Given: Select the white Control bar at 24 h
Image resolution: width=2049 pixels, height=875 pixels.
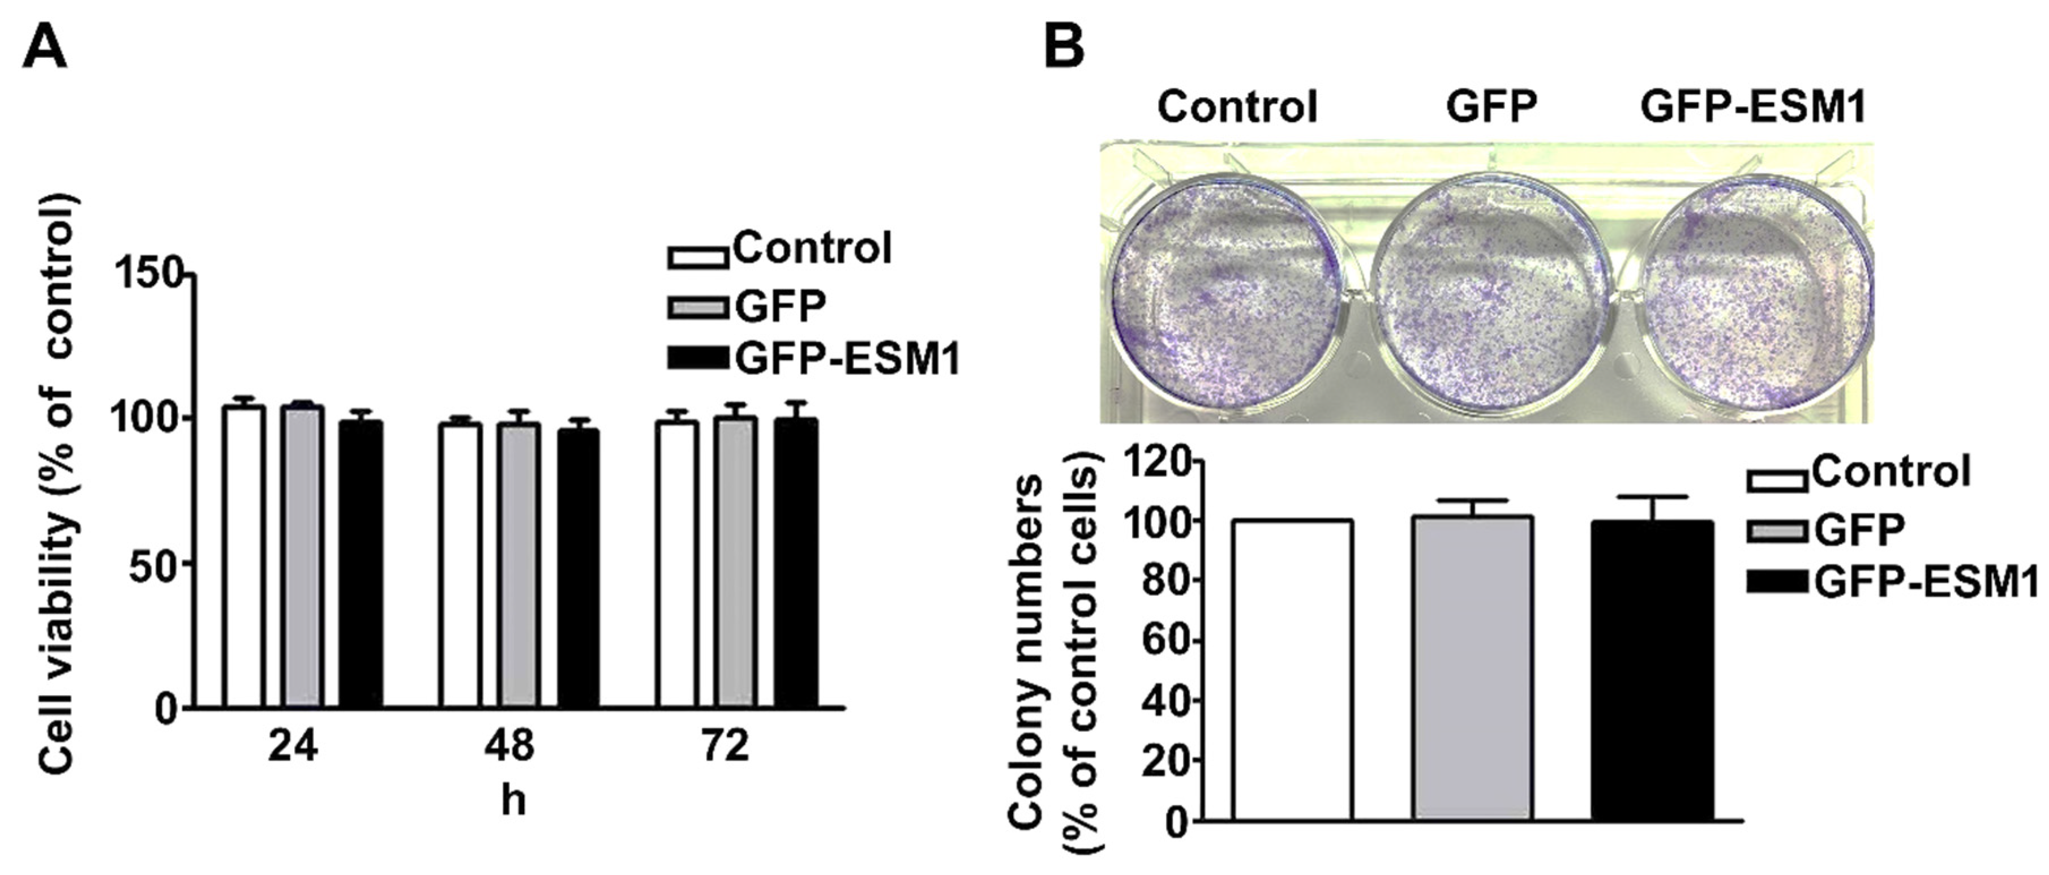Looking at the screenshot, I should click(x=244, y=557).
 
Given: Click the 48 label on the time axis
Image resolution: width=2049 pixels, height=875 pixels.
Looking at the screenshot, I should click(x=509, y=746).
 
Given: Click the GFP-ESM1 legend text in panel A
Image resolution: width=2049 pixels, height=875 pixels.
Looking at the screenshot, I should click(x=847, y=359).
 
